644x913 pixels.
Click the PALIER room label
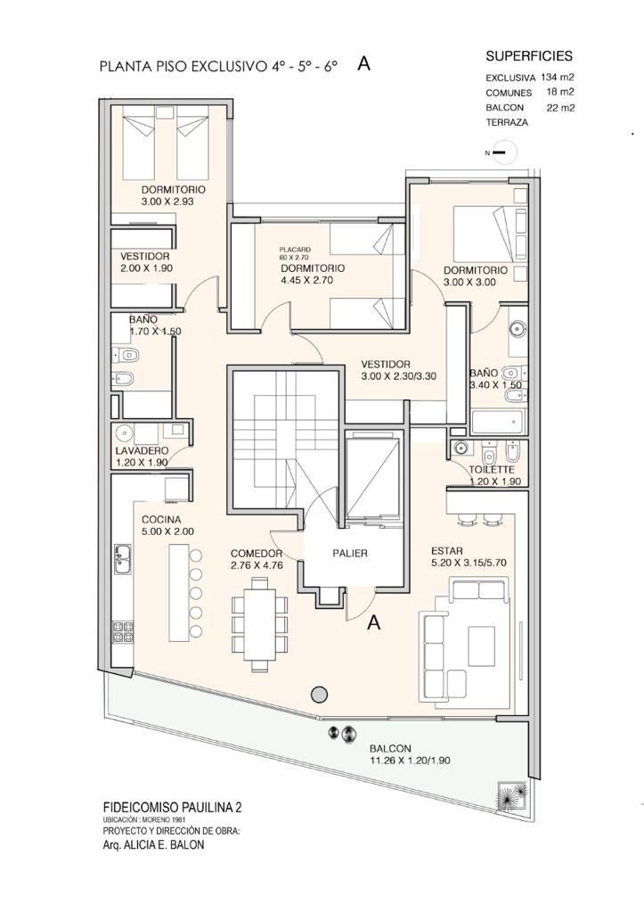point(350,553)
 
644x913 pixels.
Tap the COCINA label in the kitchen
point(161,520)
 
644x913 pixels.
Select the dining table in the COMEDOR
point(259,623)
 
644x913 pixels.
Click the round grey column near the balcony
point(319,694)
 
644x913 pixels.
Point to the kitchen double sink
point(122,558)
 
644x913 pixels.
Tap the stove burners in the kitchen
point(122,632)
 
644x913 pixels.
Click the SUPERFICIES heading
point(529,56)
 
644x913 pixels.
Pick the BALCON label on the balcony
point(390,748)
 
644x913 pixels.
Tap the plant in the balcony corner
point(512,794)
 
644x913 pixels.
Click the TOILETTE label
point(492,470)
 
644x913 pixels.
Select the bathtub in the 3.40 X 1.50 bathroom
point(498,422)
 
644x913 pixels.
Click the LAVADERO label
point(142,450)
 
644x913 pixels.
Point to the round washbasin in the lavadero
point(124,433)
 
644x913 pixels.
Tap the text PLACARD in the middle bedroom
point(295,250)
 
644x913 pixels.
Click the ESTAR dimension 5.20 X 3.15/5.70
point(469,563)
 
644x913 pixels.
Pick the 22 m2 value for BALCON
point(560,107)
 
